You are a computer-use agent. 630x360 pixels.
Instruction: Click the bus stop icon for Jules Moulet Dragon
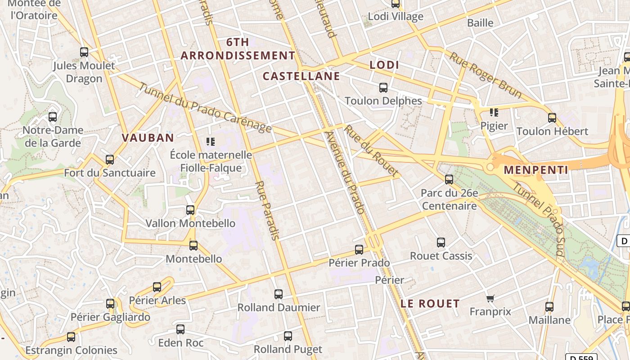(x=84, y=52)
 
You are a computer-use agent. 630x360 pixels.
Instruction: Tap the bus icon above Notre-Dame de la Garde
(x=53, y=117)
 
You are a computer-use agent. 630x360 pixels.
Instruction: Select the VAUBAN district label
(x=148, y=138)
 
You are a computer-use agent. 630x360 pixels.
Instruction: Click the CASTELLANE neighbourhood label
(x=301, y=76)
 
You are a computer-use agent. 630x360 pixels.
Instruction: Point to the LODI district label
(x=384, y=65)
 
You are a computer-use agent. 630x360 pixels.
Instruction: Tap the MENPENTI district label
(x=535, y=170)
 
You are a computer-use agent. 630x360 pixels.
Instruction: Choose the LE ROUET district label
(x=430, y=303)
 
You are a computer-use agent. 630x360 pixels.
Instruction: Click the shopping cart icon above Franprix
(x=490, y=298)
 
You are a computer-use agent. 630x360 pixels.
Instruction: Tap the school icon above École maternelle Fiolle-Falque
(x=210, y=142)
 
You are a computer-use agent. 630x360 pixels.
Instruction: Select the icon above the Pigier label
(x=494, y=112)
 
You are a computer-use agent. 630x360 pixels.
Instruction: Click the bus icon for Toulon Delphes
(x=383, y=88)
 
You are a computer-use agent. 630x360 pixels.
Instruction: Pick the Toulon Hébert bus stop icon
(x=552, y=118)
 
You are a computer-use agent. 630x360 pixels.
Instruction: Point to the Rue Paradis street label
(x=268, y=210)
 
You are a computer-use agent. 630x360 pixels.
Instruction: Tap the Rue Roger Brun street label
(x=485, y=75)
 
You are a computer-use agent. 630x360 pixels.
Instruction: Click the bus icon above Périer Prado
(x=359, y=249)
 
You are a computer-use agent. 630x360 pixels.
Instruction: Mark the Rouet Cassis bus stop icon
(x=441, y=243)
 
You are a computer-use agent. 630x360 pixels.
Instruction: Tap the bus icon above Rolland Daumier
(x=279, y=294)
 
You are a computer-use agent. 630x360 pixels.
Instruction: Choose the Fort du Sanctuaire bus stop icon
(x=110, y=160)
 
